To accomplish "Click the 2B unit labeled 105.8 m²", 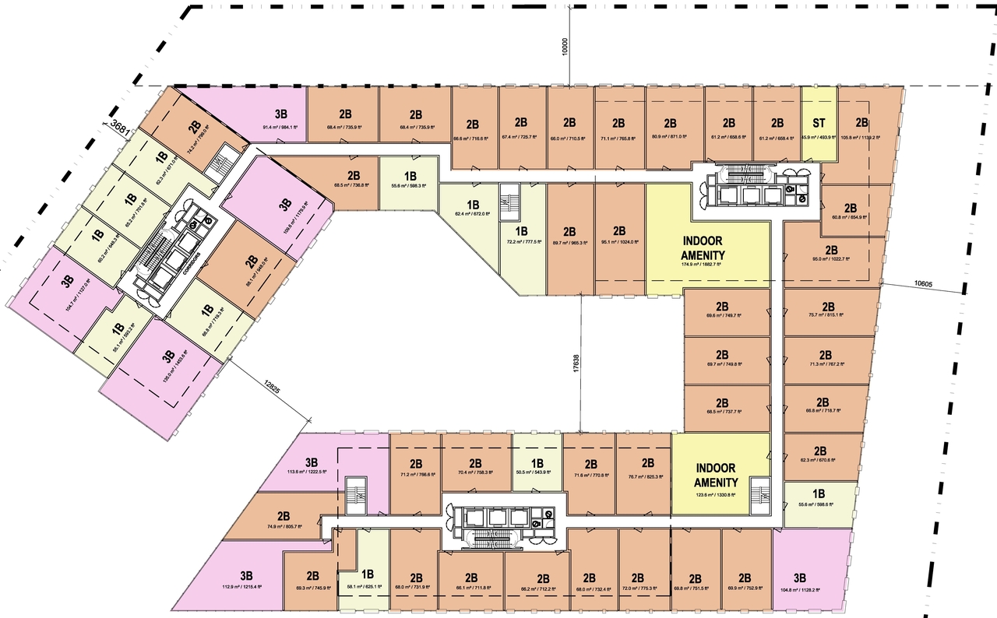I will click(861, 128).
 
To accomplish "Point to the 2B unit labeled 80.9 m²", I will click(670, 128).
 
